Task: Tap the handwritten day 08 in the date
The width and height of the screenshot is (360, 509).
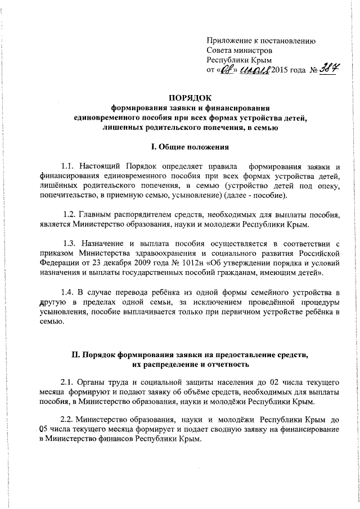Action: [225, 70]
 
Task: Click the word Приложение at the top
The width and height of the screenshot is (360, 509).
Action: [229, 40]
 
